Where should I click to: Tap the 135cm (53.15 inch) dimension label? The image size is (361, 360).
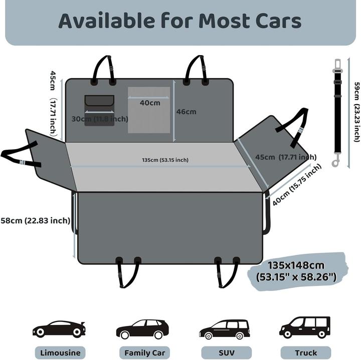click(165, 160)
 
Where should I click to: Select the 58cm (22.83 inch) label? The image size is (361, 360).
click(36, 221)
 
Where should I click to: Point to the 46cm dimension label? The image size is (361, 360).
click(186, 112)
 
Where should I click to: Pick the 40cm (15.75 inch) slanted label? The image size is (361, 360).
click(297, 185)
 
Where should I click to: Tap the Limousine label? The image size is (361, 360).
click(60, 353)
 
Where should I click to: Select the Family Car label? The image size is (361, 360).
click(144, 353)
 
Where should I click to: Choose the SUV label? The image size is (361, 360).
click(227, 353)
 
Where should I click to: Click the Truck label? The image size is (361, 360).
click(306, 353)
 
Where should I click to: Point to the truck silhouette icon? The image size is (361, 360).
click(305, 327)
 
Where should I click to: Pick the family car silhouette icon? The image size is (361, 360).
click(142, 329)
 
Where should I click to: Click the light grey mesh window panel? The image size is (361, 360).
click(149, 110)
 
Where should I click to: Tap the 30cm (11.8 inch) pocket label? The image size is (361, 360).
click(100, 119)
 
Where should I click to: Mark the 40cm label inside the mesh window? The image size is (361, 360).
click(150, 103)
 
